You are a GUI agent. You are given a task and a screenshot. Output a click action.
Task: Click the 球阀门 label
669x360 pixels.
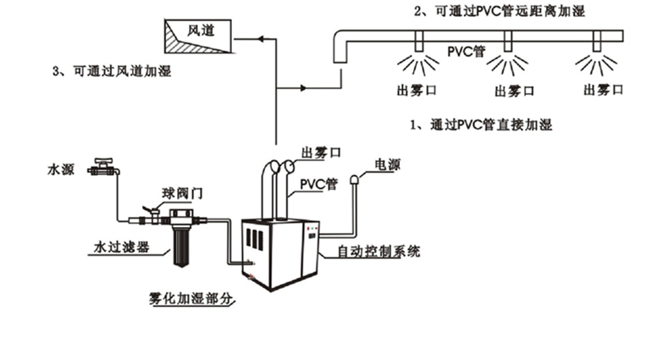coord(182,194)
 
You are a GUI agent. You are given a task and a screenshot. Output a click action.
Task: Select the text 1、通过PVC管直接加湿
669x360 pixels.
coord(479,125)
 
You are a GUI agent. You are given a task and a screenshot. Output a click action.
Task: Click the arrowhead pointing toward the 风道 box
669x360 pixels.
coord(260,37)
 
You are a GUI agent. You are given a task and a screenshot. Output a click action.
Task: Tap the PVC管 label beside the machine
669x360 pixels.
coord(320,182)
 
